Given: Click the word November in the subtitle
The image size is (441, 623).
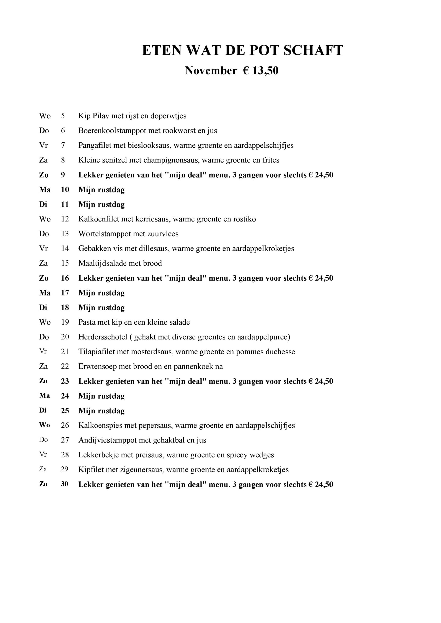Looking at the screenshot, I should tap(211, 71).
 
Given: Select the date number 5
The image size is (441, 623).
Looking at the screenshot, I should tap(63, 116).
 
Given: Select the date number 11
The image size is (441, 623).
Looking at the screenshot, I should tap(65, 204).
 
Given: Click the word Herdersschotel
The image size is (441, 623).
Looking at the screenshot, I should tap(103, 337).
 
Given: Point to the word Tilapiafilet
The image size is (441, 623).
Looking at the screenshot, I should tap(96, 352).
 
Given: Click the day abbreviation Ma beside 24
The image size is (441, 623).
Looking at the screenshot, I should tap(45, 396).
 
